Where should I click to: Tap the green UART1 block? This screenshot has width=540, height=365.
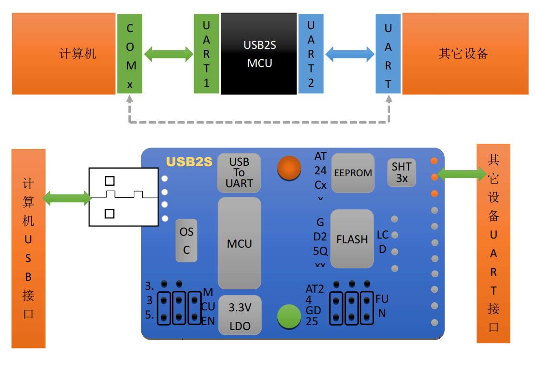click(207, 54)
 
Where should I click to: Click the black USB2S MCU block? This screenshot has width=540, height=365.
click(259, 54)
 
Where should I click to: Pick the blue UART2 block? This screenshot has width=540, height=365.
click(311, 54)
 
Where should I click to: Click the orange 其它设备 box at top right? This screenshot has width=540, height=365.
click(465, 54)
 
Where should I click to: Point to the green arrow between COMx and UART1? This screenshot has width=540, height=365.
click(168, 53)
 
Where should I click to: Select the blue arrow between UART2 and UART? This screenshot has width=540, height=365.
click(350, 53)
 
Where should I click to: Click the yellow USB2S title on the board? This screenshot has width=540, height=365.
click(189, 162)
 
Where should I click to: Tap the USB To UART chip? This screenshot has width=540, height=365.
click(239, 172)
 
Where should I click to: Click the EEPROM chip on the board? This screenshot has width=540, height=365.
click(353, 173)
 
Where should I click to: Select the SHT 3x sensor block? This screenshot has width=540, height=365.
click(402, 173)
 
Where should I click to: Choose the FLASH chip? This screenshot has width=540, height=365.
click(352, 239)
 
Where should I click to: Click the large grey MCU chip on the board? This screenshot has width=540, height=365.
click(239, 243)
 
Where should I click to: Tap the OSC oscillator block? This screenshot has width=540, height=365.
click(186, 240)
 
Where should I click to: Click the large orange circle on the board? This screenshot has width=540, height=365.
click(289, 168)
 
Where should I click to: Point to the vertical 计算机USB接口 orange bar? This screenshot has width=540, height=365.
click(29, 248)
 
